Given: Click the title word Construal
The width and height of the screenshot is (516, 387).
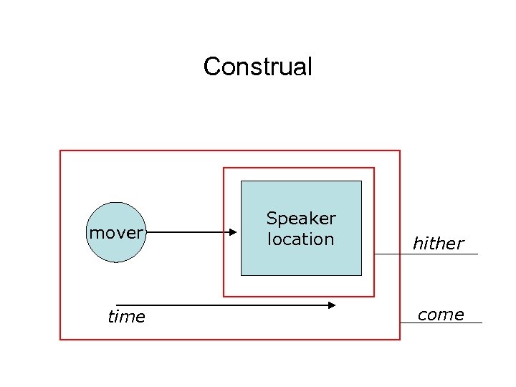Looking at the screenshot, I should click(x=258, y=67).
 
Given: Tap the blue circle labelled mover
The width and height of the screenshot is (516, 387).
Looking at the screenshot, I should click(x=115, y=232).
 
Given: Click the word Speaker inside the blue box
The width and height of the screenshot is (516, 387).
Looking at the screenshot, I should click(x=301, y=218).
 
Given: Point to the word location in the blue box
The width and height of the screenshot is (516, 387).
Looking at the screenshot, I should click(x=301, y=239).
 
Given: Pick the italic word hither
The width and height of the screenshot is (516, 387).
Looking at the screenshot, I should click(x=438, y=244).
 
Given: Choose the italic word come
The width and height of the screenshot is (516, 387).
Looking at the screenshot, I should click(x=440, y=315).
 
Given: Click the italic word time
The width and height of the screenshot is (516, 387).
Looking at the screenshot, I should click(x=126, y=317).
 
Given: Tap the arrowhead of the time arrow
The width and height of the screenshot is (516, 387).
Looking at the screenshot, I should click(x=332, y=305).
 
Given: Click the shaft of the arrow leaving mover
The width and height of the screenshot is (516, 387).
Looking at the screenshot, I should click(x=186, y=232).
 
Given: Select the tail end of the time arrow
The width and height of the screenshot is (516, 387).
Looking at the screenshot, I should click(x=118, y=305).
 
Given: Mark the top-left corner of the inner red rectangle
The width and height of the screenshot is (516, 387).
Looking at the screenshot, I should click(x=224, y=168).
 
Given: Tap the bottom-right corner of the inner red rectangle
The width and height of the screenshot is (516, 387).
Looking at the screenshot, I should click(x=374, y=296).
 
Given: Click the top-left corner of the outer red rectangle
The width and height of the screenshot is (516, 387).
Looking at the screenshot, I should click(x=60, y=150).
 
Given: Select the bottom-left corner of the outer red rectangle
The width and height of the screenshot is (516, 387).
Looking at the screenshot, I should click(x=60, y=339).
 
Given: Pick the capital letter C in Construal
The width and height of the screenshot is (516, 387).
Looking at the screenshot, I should click(x=211, y=67).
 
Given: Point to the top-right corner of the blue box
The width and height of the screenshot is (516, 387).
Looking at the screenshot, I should click(x=361, y=181).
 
